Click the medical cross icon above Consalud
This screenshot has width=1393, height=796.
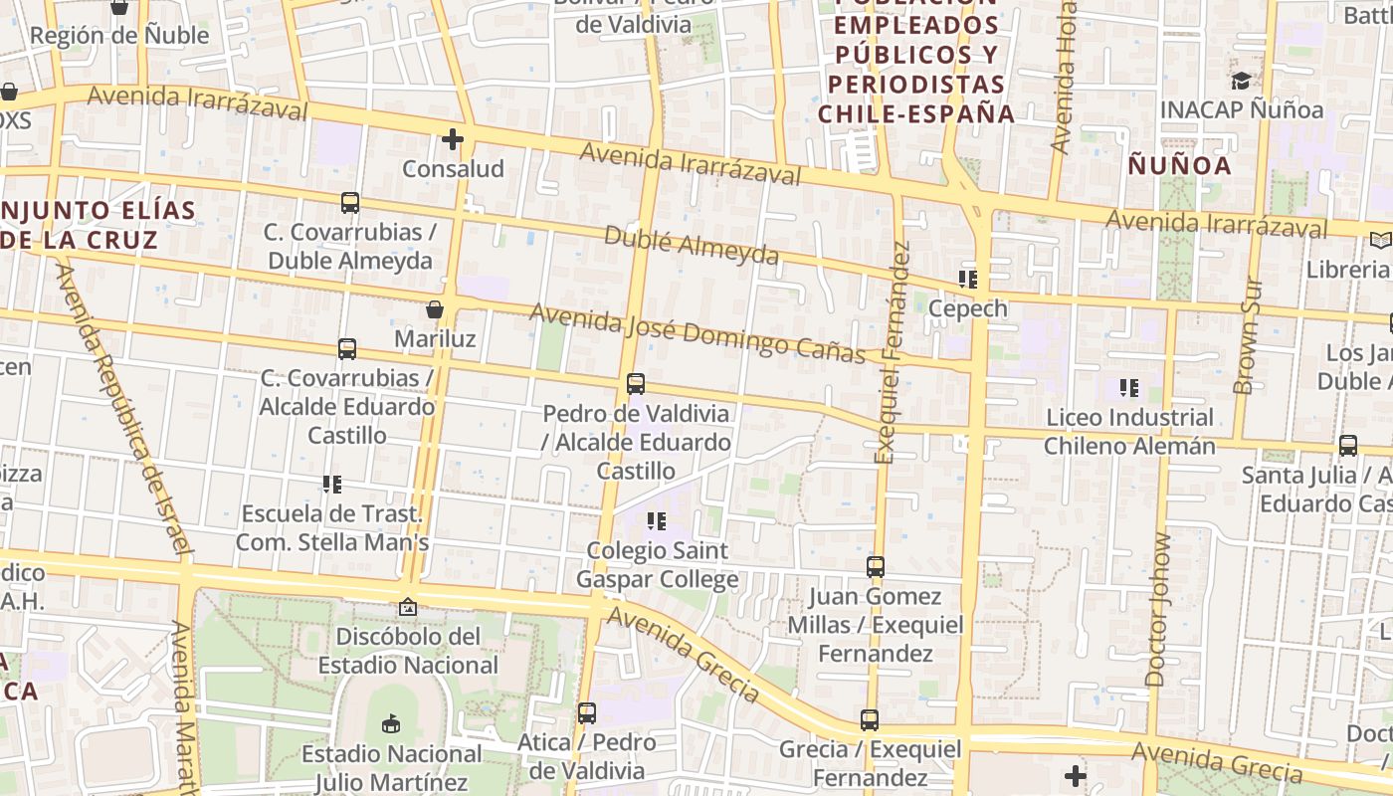pyautogui.click(x=453, y=139)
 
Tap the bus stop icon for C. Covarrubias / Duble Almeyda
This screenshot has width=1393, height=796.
pyautogui.click(x=350, y=203)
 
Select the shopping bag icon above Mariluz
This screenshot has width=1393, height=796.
pyautogui.click(x=435, y=309)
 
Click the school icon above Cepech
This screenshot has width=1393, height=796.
pyautogui.click(x=968, y=280)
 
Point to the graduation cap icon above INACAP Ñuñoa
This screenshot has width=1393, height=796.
pyautogui.click(x=1241, y=81)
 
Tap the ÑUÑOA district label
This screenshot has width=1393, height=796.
pyautogui.click(x=1180, y=165)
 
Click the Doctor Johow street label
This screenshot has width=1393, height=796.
pyautogui.click(x=1159, y=609)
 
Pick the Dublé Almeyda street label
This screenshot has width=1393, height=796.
pyautogui.click(x=692, y=245)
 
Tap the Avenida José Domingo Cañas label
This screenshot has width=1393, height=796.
pyautogui.click(x=697, y=332)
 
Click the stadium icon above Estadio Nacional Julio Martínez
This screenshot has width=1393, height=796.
pyautogui.click(x=390, y=723)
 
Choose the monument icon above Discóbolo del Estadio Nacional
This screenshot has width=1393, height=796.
pyautogui.click(x=408, y=606)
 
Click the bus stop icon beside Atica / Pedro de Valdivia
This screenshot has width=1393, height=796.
pyautogui.click(x=587, y=713)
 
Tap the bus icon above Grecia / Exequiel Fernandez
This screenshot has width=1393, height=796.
pyautogui.click(x=870, y=720)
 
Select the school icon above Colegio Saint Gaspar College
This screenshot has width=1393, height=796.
pyautogui.click(x=656, y=520)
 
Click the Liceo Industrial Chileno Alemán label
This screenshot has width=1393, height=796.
pyautogui.click(x=1129, y=431)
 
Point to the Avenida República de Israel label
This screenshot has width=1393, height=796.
pyautogui.click(x=123, y=408)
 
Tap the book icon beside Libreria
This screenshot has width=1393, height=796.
pyautogui.click(x=1380, y=240)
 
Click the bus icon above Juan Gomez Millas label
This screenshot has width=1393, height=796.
pyautogui.click(x=876, y=567)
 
